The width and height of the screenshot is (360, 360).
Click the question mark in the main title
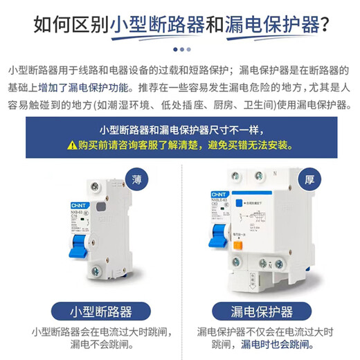point(323,26)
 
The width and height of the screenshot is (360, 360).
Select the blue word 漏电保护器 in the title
point(270,26)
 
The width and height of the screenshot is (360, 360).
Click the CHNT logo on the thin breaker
point(78,206)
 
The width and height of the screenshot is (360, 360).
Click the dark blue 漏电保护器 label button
point(261,311)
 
